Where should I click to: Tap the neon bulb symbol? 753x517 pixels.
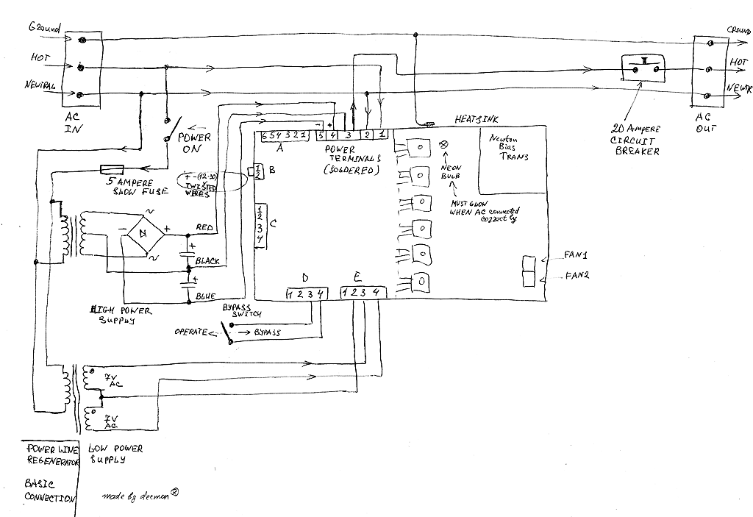click(443, 144)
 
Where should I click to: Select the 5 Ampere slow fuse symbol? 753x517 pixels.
click(121, 168)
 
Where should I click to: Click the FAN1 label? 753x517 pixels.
click(577, 254)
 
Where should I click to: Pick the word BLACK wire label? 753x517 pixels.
click(207, 260)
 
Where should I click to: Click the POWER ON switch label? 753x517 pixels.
click(195, 143)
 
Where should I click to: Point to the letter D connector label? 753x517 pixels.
click(305, 277)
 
